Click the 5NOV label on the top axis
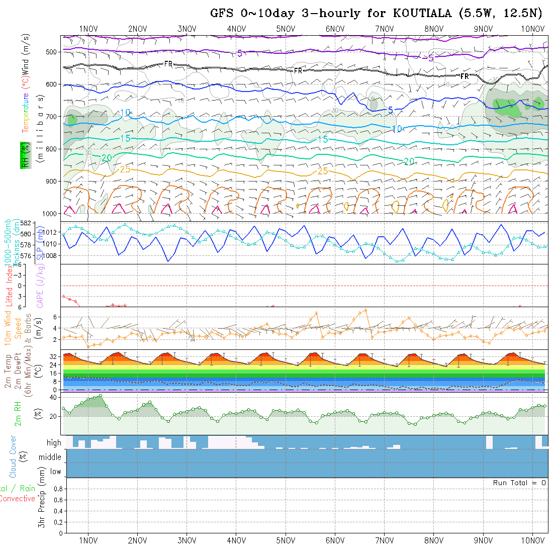(x=286, y=29)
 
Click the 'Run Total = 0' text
(x=519, y=483)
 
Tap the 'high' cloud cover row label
(x=54, y=443)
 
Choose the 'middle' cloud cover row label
(x=50, y=457)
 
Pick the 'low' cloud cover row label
(x=55, y=472)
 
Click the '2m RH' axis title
(x=18, y=413)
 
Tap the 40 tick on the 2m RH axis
(x=51, y=397)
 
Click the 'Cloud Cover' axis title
(x=13, y=456)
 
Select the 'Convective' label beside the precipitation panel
(x=18, y=499)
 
